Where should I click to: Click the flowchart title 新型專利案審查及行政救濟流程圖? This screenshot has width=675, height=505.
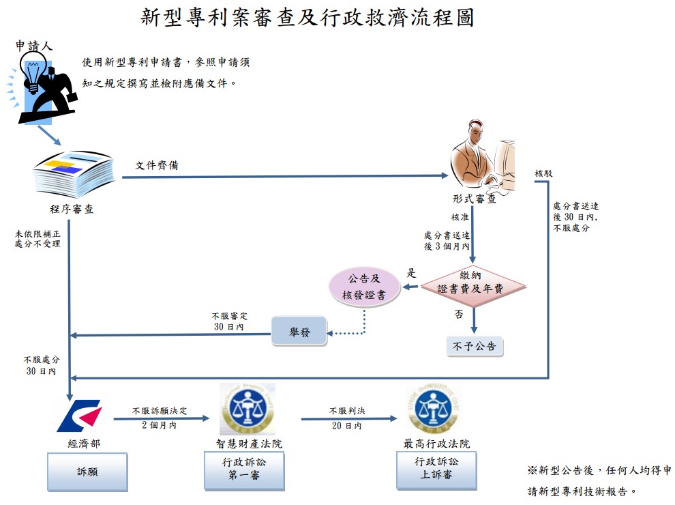pyautogui.click(x=307, y=18)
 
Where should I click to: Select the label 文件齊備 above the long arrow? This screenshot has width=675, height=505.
pyautogui.click(x=157, y=165)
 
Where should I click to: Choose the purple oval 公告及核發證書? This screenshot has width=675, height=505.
pyautogui.click(x=364, y=287)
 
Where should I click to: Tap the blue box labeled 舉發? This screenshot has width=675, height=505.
pyautogui.click(x=299, y=332)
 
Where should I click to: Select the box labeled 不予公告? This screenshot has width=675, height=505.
pyautogui.click(x=475, y=347)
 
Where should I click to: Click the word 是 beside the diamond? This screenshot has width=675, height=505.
pyautogui.click(x=412, y=273)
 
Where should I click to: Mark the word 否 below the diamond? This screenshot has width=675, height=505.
pyautogui.click(x=459, y=314)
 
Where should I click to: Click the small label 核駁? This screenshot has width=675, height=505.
pyautogui.click(x=543, y=173)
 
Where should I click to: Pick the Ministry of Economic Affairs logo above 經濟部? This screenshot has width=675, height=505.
pyautogui.click(x=80, y=416)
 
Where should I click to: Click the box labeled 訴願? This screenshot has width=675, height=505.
pyautogui.click(x=87, y=472)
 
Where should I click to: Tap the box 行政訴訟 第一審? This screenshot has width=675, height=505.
pyautogui.click(x=244, y=471)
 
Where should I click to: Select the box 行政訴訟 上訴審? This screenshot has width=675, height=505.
pyautogui.click(x=436, y=470)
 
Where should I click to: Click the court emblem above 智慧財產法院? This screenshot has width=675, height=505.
pyautogui.click(x=247, y=409)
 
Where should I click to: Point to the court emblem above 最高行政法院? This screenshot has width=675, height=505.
pyautogui.click(x=433, y=409)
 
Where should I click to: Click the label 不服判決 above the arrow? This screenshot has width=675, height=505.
pyautogui.click(x=348, y=411)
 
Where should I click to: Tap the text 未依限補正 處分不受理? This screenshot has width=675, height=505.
pyautogui.click(x=37, y=239)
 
